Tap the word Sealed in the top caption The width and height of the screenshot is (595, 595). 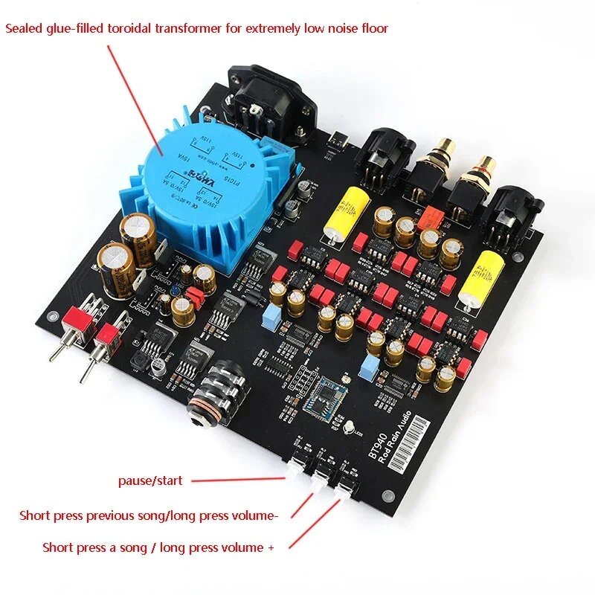pos(25,28)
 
